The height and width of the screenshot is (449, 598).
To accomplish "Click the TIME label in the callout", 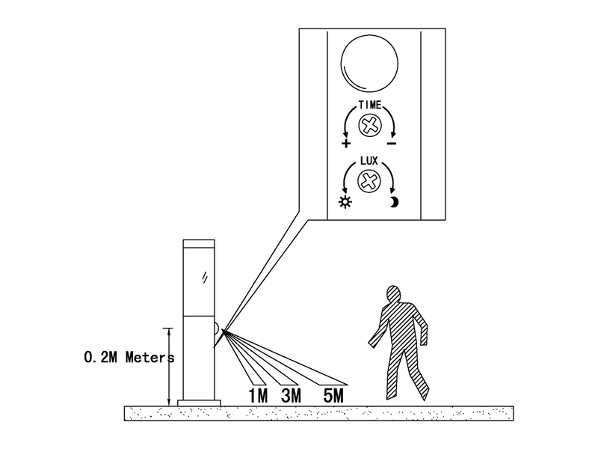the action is pos(369,104).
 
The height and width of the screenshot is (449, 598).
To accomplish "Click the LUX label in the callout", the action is pos(369,161).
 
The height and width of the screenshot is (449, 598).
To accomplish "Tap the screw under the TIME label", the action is pos(369,124).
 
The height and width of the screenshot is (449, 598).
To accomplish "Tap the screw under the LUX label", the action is pos(369,180).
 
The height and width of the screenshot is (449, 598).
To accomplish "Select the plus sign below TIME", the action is pos(346,144).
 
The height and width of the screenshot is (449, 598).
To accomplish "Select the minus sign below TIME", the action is pos(392,144).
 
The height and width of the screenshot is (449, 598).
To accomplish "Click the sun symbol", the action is pos(345,201).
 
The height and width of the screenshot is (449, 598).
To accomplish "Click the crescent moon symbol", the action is pos(395,202).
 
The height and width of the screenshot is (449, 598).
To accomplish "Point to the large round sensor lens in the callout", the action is pos(369,64).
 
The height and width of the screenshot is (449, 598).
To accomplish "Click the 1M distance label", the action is pos(258,396).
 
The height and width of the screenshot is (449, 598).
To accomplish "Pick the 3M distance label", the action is pos(291,396).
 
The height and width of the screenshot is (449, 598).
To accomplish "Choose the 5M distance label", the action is pos(333,396).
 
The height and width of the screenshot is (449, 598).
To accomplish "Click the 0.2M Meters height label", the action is pos(129,358).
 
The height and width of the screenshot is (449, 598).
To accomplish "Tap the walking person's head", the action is pos(393,294).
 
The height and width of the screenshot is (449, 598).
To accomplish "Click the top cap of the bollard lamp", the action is pos(199,244).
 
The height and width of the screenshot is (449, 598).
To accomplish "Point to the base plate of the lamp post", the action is pos(199,403).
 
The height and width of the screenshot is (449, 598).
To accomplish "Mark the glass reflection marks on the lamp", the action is pos(205,277).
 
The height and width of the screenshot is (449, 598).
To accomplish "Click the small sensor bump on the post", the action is pos(217,329).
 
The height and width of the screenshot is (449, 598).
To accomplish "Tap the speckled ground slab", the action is pos(319,414).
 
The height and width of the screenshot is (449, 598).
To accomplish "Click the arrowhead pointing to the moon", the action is pos(392,190).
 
